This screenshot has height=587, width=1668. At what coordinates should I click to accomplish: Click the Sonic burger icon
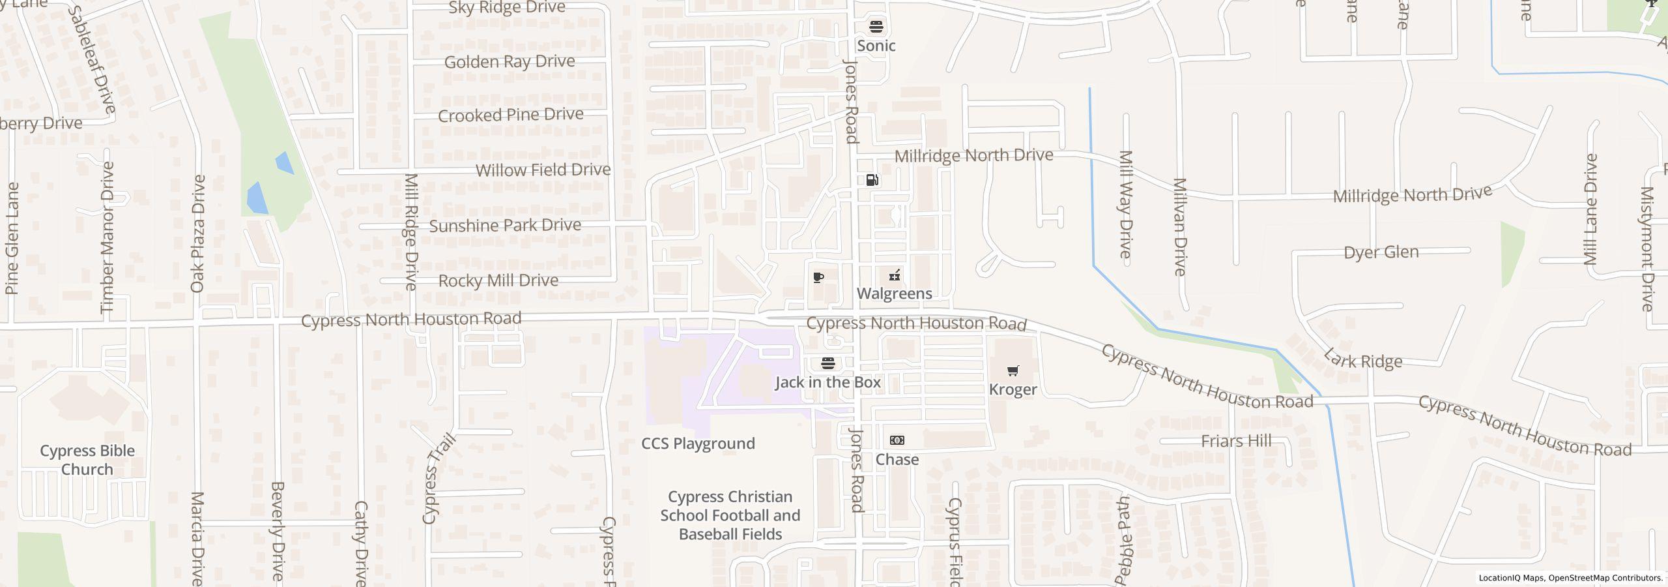(876, 27)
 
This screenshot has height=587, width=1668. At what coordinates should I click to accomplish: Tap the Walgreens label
(894, 293)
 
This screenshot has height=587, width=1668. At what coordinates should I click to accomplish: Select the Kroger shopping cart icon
(1013, 371)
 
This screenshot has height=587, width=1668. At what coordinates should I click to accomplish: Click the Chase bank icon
(897, 441)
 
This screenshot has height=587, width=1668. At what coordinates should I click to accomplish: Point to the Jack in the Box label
(827, 382)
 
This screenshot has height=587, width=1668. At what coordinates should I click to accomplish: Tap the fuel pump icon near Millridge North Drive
(872, 180)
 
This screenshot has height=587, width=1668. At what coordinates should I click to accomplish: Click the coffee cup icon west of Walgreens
(819, 277)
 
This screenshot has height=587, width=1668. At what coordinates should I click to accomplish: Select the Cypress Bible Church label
(87, 460)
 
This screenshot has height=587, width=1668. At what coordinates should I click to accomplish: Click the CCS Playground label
(698, 444)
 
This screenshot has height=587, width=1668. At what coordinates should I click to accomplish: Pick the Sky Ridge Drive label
(507, 8)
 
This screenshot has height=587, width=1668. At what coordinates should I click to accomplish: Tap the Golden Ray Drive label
(510, 62)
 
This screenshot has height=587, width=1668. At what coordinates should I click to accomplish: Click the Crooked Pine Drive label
(510, 115)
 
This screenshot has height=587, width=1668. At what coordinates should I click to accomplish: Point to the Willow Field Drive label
(543, 170)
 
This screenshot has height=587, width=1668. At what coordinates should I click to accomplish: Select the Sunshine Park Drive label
(505, 226)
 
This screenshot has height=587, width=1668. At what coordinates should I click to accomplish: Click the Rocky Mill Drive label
(498, 280)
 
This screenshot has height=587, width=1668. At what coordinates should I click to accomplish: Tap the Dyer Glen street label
(1381, 252)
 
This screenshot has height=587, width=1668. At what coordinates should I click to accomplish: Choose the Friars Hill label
(1236, 441)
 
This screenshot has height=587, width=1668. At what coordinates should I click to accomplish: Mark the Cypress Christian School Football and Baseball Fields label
(730, 515)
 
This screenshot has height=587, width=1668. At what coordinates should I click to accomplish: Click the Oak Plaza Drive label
(198, 233)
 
